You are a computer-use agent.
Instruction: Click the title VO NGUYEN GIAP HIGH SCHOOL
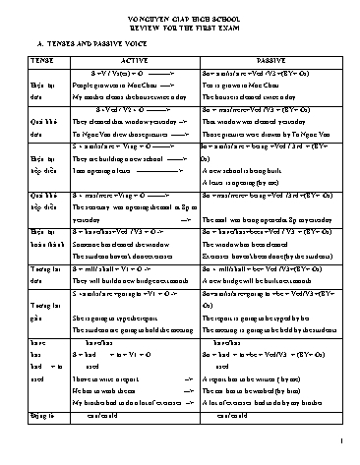click(x=180, y=16)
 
